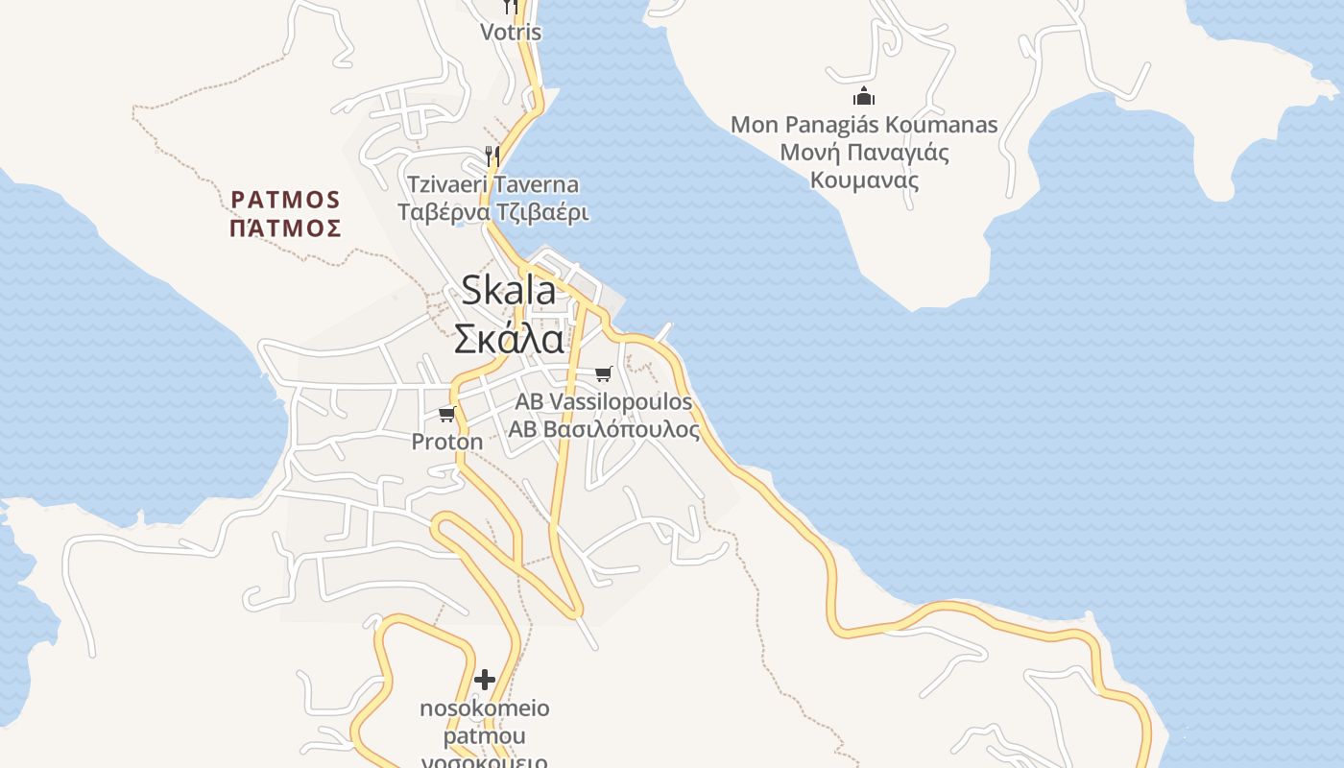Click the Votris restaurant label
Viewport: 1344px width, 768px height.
[x=511, y=32]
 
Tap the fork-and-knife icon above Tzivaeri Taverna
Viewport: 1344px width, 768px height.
[x=492, y=156]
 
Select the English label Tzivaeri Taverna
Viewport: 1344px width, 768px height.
[x=492, y=184]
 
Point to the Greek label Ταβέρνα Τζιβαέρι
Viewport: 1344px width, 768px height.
[x=492, y=212]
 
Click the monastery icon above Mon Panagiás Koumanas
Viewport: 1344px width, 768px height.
[x=864, y=96]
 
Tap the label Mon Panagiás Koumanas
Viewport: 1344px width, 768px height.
[x=864, y=125]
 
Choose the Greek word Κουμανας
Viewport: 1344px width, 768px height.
[x=864, y=180]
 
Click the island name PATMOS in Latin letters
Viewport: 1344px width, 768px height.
[x=286, y=200]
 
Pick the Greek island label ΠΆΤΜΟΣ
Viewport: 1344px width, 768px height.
[x=286, y=228]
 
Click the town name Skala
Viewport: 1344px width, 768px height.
[x=509, y=291]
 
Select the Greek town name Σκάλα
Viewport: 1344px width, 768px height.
[x=509, y=338]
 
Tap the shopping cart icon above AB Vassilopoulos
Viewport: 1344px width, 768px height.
[x=603, y=373]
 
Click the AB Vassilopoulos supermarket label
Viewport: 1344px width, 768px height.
[x=603, y=401]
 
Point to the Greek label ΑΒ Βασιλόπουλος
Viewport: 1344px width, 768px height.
[x=603, y=429]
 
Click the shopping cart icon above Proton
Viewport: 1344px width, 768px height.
[x=446, y=414]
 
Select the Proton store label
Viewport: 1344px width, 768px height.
[x=447, y=442]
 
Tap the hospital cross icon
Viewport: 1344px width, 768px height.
[x=485, y=680]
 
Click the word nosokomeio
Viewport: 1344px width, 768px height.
[x=485, y=708]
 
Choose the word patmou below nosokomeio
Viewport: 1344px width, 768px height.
[x=485, y=736]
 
